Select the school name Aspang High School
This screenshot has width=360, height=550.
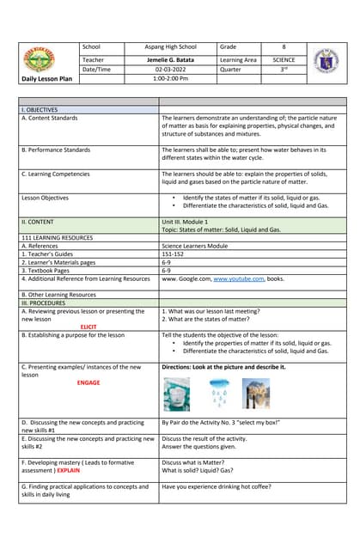[172, 46]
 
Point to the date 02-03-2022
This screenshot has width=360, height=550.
[172, 70]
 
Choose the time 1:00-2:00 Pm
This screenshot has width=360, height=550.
[172, 79]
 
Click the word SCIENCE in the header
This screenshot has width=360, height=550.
[284, 60]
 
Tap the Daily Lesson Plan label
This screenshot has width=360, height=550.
[48, 79]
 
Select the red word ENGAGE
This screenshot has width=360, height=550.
[88, 382]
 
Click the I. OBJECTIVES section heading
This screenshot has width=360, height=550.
[39, 110]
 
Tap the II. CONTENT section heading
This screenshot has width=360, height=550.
[38, 221]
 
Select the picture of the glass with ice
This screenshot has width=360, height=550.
[177, 394]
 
